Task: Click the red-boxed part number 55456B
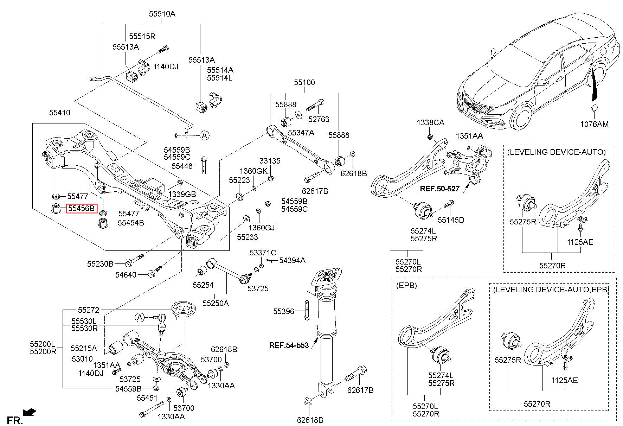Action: pos(82,208)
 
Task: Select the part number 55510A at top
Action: pos(162,14)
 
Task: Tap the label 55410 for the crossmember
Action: pos(59,113)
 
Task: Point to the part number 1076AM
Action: pos(594,124)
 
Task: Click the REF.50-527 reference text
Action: pos(439,189)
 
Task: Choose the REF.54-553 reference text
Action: pos(289,345)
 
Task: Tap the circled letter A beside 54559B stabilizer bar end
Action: pos(204,135)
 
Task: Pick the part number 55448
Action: pos(182,166)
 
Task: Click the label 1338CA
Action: pos(430,122)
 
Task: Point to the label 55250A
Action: pos(216,303)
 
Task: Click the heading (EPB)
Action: pos(407,285)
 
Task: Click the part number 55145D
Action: pos(451,220)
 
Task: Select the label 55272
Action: pos(89,310)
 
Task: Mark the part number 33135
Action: pos(270,161)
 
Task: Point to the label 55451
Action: pos(147,398)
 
